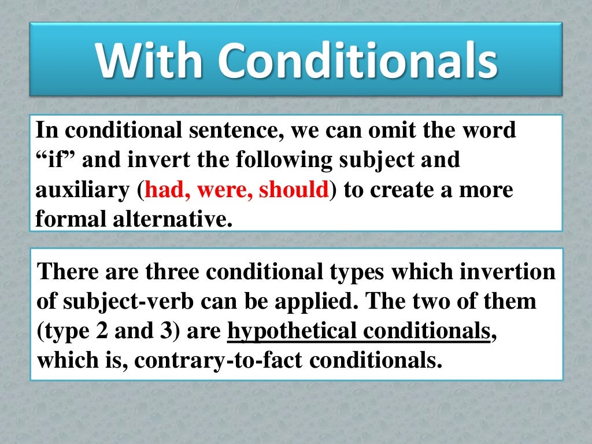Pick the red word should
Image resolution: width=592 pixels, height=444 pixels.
(294, 190)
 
